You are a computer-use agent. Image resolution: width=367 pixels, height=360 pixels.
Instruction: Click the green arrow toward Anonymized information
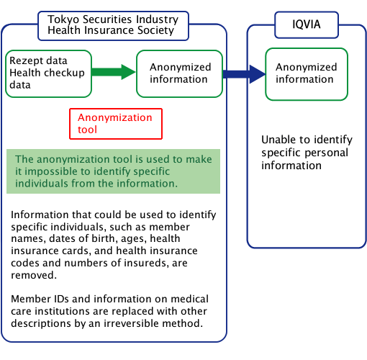pyautogui.click(x=114, y=72)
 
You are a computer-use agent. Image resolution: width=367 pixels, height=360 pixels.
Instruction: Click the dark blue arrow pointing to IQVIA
pyautogui.click(x=244, y=74)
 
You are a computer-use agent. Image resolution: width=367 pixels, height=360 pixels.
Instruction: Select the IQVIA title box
pyautogui.click(x=307, y=24)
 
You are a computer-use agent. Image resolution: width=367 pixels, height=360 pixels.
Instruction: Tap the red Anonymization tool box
pyautogui.click(x=116, y=124)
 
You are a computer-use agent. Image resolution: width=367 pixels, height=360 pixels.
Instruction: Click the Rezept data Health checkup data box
pyautogui.click(x=49, y=73)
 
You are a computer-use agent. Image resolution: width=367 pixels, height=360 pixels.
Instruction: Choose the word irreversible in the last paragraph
pyautogui.click(x=131, y=323)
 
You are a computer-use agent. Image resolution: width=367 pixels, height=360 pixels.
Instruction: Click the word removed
pyautogui.click(x=34, y=275)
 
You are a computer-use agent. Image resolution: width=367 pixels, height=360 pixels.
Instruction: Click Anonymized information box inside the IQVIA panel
pyautogui.click(x=307, y=74)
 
